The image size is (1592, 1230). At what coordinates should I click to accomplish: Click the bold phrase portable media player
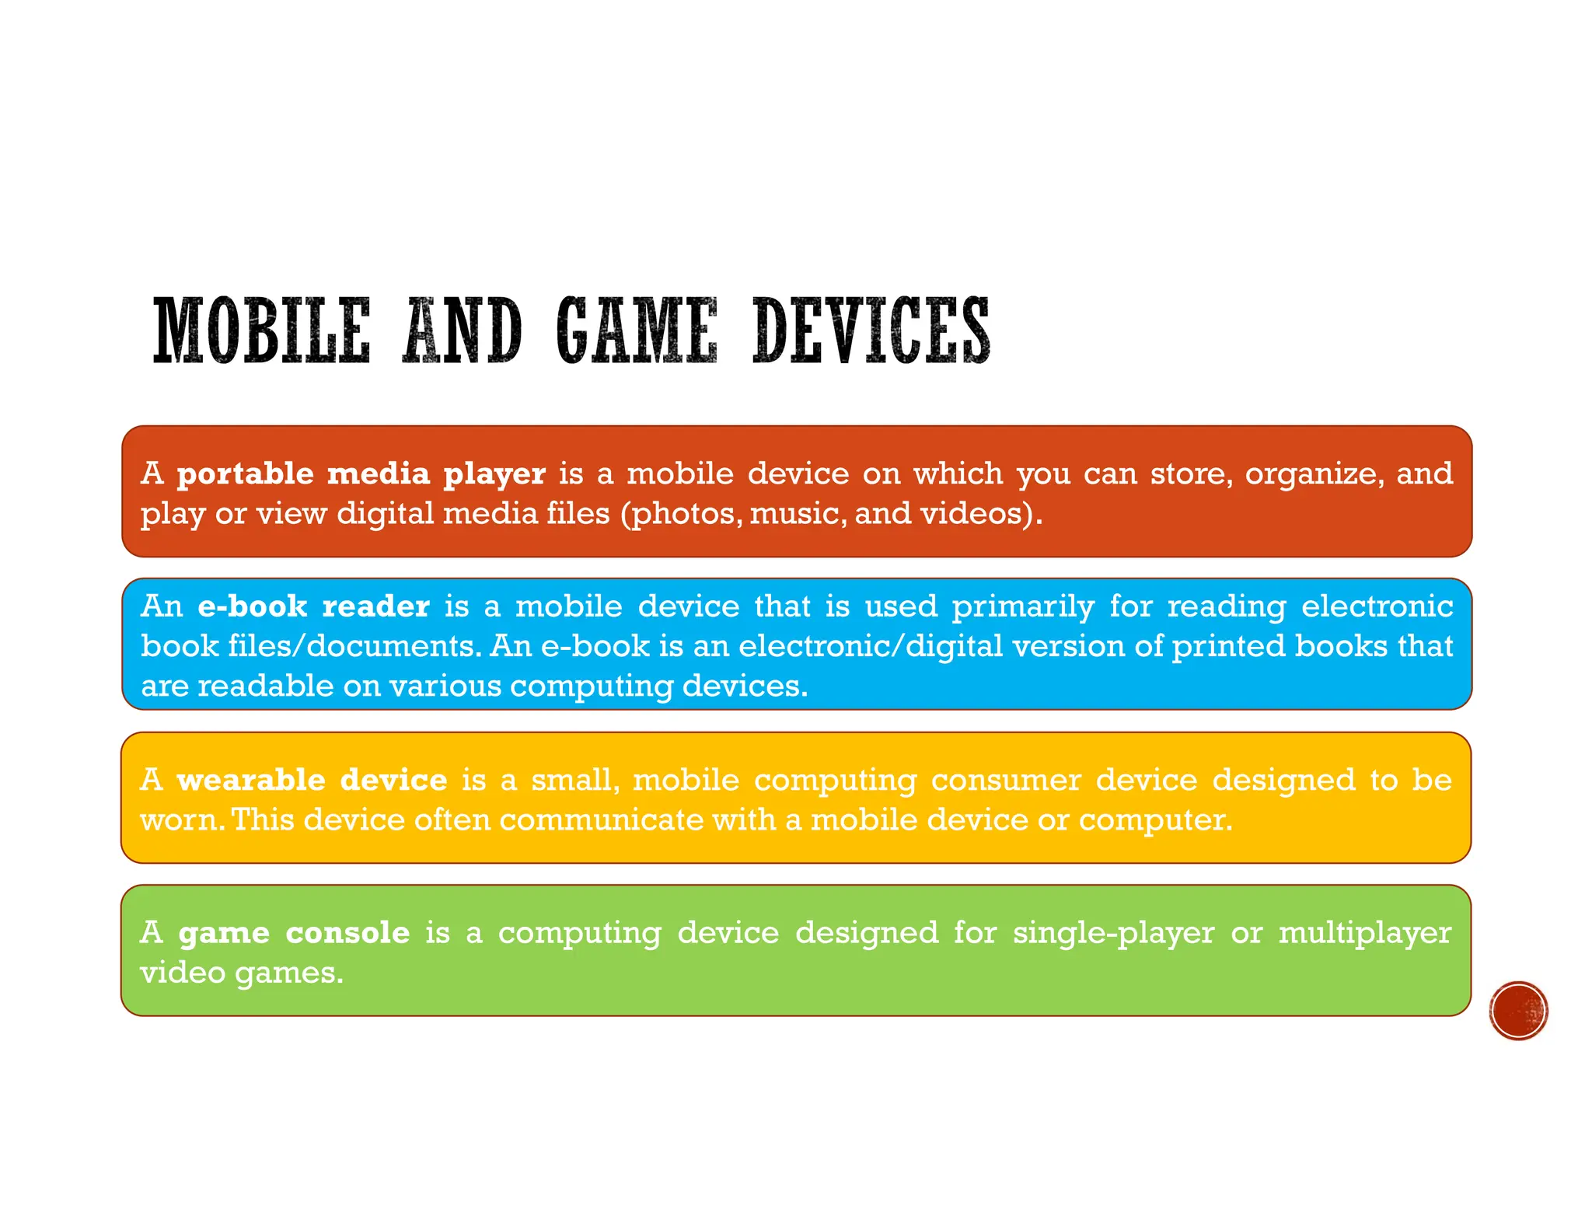[361, 473]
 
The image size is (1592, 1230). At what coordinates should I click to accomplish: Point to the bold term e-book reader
[313, 606]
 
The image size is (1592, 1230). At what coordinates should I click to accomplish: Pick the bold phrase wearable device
[312, 780]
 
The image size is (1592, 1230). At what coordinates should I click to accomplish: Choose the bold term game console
[294, 932]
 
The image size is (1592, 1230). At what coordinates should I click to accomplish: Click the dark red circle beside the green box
[1518, 1010]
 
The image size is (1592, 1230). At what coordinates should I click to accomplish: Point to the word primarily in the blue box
[1023, 607]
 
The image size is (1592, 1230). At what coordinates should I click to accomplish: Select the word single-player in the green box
[1112, 932]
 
